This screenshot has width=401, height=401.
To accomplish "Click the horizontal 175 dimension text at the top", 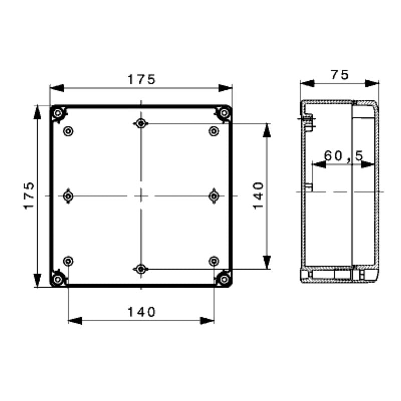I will point(141,79).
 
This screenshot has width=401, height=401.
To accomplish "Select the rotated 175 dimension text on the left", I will point(29,195).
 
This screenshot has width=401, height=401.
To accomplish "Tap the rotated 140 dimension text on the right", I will point(258,195).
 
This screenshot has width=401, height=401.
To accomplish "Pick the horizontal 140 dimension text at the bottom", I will point(141,312).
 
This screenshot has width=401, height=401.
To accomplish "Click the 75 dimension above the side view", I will point(339,75).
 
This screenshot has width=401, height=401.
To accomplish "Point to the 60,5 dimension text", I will point(343,156).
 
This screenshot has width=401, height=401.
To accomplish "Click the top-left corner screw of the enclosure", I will point(58,113).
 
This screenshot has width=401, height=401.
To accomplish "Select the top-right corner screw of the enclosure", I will point(224,113).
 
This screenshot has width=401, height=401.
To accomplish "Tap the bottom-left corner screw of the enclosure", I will point(58,279).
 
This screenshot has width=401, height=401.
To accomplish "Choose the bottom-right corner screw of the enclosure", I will point(224,279).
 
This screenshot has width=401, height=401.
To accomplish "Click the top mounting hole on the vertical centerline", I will point(141,123).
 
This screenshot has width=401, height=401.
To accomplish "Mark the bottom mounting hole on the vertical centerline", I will point(141,270).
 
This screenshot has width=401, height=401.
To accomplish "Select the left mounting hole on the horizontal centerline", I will point(68,195).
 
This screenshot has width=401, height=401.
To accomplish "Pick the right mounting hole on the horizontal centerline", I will point(214,195).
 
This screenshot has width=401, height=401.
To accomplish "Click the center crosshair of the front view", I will point(141,195).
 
